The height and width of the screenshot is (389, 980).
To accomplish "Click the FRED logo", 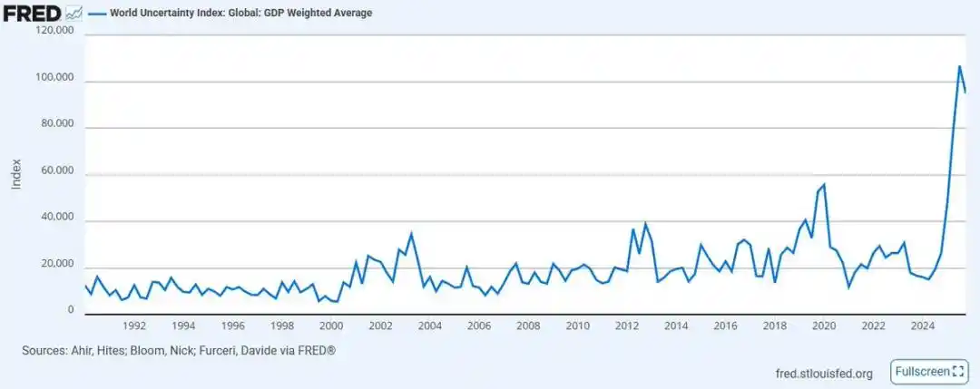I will pyautogui.click(x=33, y=13).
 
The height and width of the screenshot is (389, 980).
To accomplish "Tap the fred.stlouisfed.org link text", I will pyautogui.click(x=824, y=373).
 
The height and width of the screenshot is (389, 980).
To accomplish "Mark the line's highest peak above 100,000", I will pyautogui.click(x=959, y=66).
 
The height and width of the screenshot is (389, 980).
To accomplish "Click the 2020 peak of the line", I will pyautogui.click(x=824, y=185).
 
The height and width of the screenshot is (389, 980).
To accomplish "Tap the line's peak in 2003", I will pyautogui.click(x=411, y=234).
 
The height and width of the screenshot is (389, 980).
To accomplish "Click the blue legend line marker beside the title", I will pyautogui.click(x=96, y=13).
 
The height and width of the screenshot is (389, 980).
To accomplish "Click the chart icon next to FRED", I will pyautogui.click(x=74, y=13).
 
